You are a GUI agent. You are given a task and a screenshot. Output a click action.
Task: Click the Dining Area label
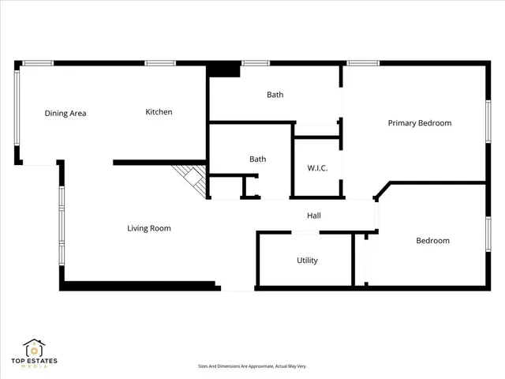click(x=65, y=113)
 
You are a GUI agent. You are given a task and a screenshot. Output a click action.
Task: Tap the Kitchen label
click(x=159, y=112)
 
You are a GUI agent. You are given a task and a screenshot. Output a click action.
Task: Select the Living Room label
click(x=149, y=228)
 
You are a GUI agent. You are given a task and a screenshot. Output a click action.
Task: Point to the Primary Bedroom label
click(x=419, y=123)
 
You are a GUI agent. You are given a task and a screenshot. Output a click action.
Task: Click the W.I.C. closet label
click(x=317, y=168)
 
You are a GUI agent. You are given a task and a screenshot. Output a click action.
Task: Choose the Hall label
click(x=313, y=216)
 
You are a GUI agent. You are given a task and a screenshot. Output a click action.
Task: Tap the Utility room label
click(x=308, y=261)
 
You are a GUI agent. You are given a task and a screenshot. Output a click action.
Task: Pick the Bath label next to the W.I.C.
click(x=257, y=159)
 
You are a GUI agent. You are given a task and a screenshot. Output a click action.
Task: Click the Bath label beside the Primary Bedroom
click(x=275, y=95)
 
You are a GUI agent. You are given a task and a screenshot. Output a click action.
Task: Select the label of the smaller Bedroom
click(x=432, y=241)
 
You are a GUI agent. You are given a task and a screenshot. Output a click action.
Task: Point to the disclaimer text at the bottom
click(x=252, y=366)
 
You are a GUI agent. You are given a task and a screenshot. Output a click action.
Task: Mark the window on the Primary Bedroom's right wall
click(x=488, y=123)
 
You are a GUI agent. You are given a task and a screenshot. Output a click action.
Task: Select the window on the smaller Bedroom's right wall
click(x=488, y=238)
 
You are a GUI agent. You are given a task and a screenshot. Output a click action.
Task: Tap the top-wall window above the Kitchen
click(x=159, y=63)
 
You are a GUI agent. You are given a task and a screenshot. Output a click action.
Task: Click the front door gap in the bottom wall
click(x=237, y=287)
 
